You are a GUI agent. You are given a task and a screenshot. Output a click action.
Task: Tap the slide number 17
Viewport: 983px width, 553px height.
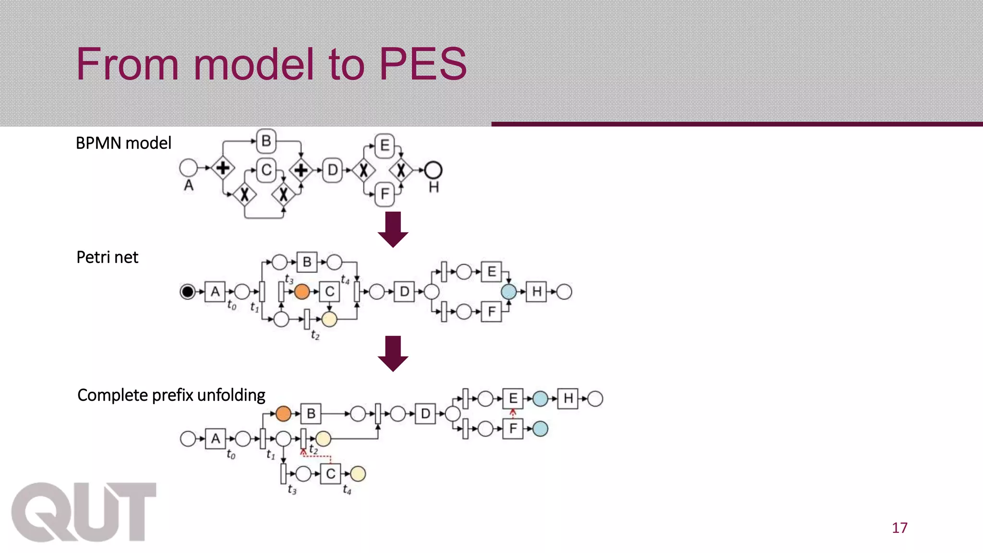click(899, 528)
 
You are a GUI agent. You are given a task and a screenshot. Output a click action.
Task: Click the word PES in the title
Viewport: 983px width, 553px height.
click(422, 64)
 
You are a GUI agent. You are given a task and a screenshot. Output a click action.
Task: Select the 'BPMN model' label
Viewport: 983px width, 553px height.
click(123, 143)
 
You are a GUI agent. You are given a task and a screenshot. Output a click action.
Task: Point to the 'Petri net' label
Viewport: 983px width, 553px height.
click(107, 257)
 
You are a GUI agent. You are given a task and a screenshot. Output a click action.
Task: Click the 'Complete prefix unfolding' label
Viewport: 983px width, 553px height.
click(171, 395)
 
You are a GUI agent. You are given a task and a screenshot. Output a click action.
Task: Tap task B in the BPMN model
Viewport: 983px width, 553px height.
click(266, 141)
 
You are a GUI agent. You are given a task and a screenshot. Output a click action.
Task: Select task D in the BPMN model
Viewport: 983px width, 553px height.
click(332, 170)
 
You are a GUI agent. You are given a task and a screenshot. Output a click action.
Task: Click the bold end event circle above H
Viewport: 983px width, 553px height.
click(433, 170)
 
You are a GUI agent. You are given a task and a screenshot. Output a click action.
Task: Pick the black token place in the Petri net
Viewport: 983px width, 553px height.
click(187, 291)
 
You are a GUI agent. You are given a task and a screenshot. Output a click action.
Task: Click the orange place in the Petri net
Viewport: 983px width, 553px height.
click(302, 291)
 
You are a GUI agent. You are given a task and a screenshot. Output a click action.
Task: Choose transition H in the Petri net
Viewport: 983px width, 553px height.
click(536, 291)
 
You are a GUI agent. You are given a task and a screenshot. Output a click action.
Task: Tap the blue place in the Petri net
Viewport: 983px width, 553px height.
click(509, 291)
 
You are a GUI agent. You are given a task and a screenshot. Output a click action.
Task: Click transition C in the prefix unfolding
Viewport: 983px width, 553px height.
click(330, 474)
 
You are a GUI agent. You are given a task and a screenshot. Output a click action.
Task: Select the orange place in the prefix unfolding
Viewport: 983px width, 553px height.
click(283, 413)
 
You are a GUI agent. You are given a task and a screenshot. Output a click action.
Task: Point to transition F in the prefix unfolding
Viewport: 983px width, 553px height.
click(513, 429)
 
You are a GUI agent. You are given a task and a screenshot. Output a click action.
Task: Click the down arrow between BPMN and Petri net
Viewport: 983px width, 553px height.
click(393, 229)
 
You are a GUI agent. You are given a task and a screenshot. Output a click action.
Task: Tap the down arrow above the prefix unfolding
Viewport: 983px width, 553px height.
click(393, 354)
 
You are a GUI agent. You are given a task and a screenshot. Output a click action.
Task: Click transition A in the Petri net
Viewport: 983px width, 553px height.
click(215, 291)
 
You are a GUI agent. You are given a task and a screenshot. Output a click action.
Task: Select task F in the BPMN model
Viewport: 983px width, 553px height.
click(384, 194)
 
